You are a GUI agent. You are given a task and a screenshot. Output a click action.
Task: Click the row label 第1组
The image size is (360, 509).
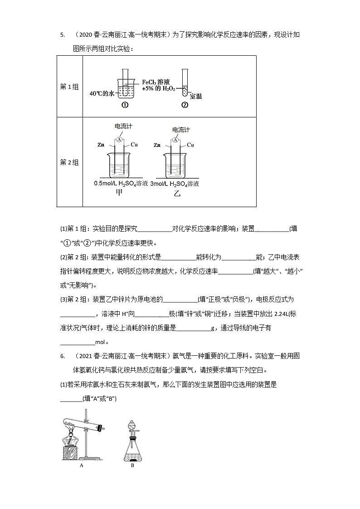tap(69, 87)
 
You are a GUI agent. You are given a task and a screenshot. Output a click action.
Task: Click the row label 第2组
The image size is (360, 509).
tap(69, 162)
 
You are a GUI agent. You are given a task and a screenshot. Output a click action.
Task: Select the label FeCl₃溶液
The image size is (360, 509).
tap(156, 82)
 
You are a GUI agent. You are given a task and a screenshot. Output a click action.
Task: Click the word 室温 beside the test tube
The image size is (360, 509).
tap(196, 96)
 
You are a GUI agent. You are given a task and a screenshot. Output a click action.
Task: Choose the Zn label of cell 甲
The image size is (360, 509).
tap(101, 145)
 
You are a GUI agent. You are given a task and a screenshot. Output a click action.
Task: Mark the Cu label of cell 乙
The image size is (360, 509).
tap(190, 145)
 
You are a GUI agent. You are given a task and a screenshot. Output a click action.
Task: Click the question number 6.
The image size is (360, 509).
tap(61, 356)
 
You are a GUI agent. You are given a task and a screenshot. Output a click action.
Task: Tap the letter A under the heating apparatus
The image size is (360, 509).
tap(81, 465)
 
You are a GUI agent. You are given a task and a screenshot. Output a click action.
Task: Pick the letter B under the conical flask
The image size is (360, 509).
tap(132, 465)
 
